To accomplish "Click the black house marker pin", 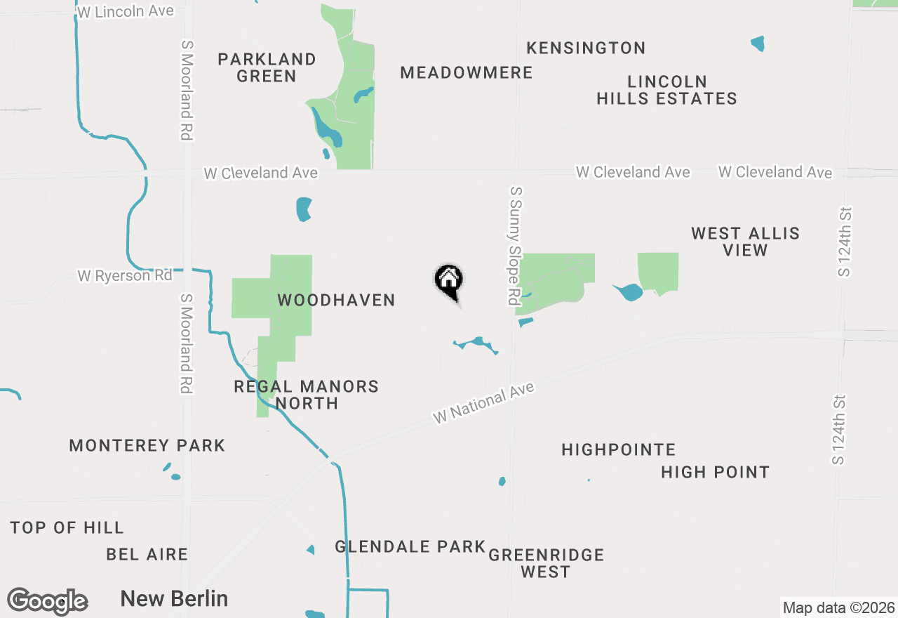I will coord(449,281).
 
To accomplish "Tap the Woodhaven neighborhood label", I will coord(336,300).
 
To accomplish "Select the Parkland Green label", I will coord(267,67).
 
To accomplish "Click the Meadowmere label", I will coord(467,72).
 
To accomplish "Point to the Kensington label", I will coord(586,48).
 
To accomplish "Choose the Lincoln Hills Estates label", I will coord(666,90).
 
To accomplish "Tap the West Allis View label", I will coord(745,242).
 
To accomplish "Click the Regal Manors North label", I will coord(307,395).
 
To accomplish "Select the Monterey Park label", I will coord(147,445).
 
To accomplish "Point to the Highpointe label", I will coord(619,449).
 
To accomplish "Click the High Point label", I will coord(715,472).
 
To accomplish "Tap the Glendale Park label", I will coord(410,546).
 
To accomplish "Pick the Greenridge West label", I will coord(546,563).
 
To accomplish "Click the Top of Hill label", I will coord(67,527).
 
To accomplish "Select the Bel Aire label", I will coord(147,554).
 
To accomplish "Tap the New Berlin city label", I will coord(174,599).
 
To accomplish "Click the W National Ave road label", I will coord(484,402).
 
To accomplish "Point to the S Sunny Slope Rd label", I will coord(516,245).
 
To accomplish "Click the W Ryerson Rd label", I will coord(125,275).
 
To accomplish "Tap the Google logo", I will coord(48,602).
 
